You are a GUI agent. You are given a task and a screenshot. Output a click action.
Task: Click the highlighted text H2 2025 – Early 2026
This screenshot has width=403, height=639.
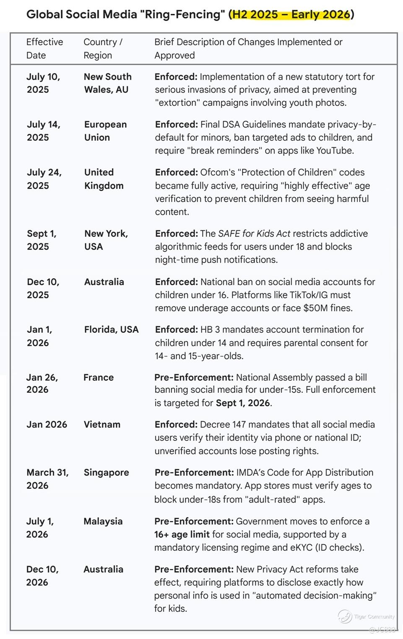(291, 15)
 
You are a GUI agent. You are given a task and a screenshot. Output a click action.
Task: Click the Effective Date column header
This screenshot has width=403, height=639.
(44, 49)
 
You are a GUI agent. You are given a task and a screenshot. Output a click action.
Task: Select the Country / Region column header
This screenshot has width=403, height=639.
(103, 49)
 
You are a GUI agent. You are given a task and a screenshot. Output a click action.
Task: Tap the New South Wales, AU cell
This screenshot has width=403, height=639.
(107, 83)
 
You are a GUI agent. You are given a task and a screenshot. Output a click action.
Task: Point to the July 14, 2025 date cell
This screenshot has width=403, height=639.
(44, 131)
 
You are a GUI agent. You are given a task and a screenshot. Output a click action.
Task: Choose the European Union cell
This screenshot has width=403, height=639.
(105, 131)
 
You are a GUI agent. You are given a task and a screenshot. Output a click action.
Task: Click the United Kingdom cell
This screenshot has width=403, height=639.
(104, 179)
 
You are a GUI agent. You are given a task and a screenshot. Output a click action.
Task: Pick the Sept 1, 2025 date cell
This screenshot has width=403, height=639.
(42, 240)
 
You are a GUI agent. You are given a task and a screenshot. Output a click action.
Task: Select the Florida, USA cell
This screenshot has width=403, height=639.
(111, 330)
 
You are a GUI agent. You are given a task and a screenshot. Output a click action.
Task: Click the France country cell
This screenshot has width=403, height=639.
(99, 378)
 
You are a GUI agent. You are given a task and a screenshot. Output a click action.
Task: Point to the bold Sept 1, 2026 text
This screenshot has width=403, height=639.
(243, 403)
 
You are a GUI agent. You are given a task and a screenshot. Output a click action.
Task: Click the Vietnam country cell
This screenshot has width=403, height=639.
(102, 425)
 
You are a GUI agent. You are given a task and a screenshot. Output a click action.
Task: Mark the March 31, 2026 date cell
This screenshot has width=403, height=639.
(47, 479)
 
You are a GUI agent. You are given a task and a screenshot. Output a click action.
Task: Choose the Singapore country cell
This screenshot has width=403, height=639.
(106, 472)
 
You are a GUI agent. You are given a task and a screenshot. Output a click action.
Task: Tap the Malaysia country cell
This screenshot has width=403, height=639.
(103, 522)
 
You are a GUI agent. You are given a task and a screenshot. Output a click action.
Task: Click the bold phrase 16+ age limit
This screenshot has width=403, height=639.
(182, 535)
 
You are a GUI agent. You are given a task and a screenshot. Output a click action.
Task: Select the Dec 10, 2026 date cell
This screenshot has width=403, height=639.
(42, 576)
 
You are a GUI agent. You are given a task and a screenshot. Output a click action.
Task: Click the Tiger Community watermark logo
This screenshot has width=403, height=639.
(345, 616)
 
